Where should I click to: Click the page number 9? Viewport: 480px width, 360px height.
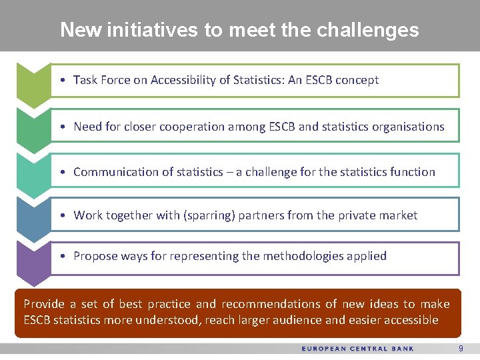(461, 349)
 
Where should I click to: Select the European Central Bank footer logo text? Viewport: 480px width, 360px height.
(357, 349)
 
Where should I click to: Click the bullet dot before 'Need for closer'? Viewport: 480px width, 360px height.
(61, 127)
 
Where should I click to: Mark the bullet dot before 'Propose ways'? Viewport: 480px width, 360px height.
(61, 256)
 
